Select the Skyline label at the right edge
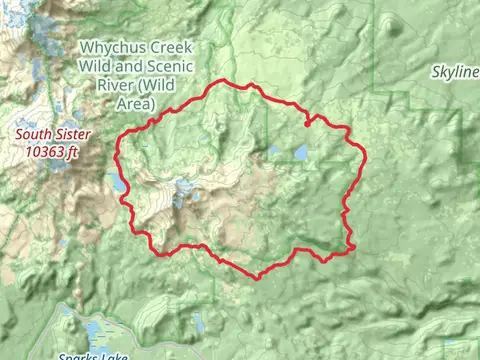pos(456,73)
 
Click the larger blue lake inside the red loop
pos(300,153)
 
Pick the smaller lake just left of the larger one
pos(274,151)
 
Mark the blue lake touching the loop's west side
pos(118,185)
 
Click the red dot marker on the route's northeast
pos(306,125)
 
